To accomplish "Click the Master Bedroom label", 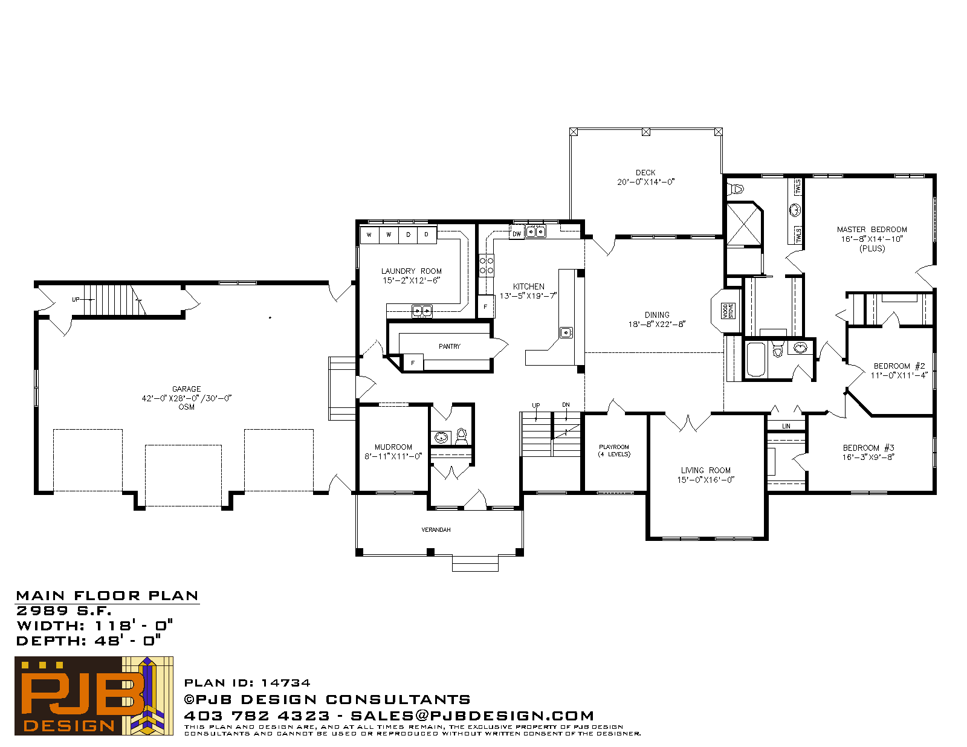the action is (x=872, y=230).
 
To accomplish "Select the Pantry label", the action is (x=450, y=346).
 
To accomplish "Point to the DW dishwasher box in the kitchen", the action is (x=517, y=233).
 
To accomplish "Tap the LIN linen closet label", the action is (x=786, y=425).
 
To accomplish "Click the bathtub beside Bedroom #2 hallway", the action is (x=756, y=360).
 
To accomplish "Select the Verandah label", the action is (x=436, y=529).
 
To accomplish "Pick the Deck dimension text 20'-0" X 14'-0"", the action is (x=645, y=182).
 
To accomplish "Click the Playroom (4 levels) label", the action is (x=614, y=450).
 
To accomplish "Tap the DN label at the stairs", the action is (x=566, y=405).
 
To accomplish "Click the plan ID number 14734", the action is (x=286, y=683).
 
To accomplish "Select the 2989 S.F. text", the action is (x=63, y=610).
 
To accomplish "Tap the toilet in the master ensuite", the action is (x=736, y=189).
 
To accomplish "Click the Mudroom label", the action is (x=393, y=447).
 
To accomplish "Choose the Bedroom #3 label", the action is (x=868, y=448).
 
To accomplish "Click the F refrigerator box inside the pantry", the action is (x=413, y=363).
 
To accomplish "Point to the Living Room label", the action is (x=706, y=470).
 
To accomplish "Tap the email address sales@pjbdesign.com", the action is (x=472, y=716).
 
